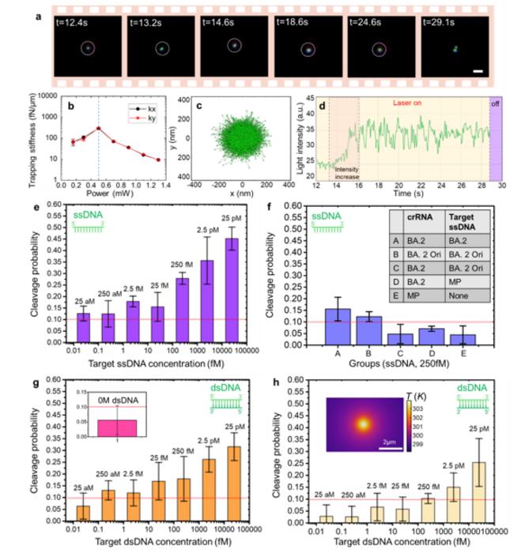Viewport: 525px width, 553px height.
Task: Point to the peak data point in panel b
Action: pyautogui.click(x=98, y=128)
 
